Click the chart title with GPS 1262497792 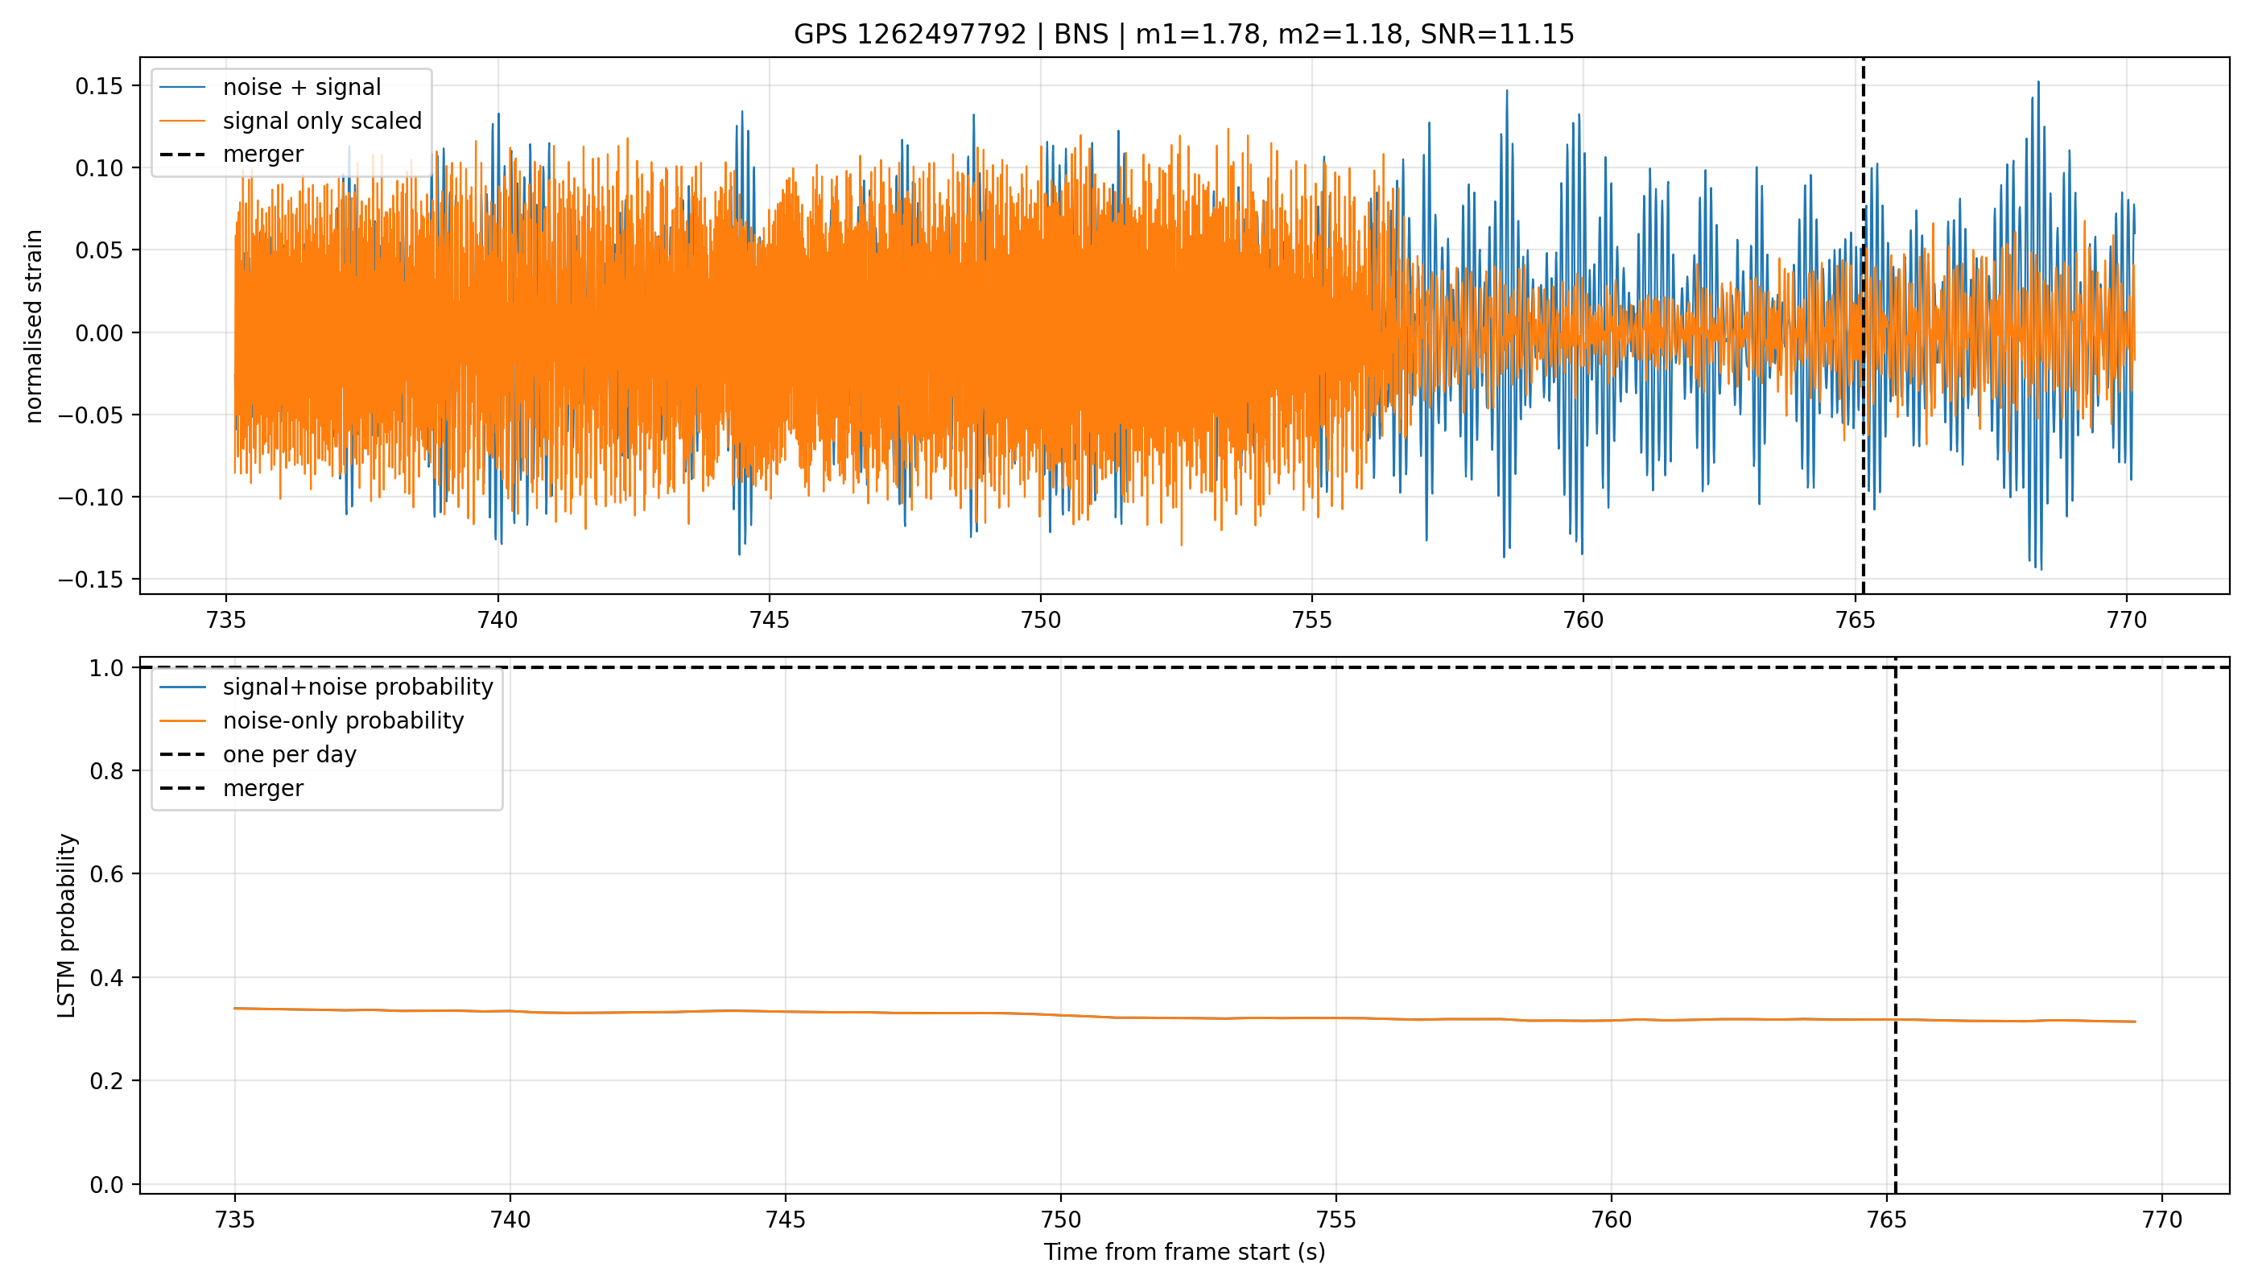(1183, 35)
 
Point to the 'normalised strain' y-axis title (34, 326)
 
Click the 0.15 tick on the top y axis (100, 86)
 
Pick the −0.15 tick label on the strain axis (91, 580)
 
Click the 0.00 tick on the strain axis (100, 332)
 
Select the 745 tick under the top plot (769, 620)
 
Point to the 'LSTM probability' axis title (68, 925)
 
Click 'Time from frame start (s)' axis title (1183, 1252)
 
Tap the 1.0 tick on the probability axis (106, 668)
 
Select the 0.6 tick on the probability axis (106, 874)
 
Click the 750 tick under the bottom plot (1061, 1220)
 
